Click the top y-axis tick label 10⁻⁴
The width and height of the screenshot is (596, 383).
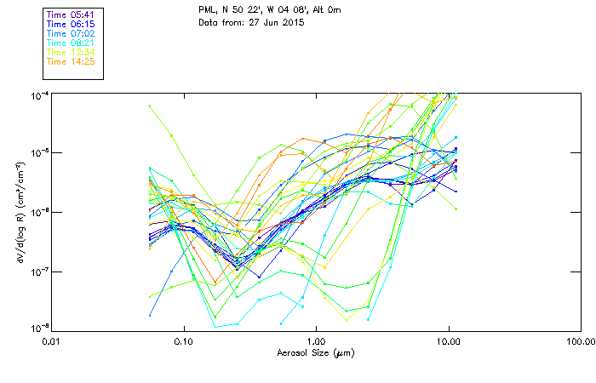tap(39, 94)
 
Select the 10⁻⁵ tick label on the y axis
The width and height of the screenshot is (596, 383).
tap(39, 153)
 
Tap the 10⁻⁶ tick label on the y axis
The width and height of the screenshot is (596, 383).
tap(39, 212)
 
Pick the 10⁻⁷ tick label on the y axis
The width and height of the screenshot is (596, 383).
tap(39, 272)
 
